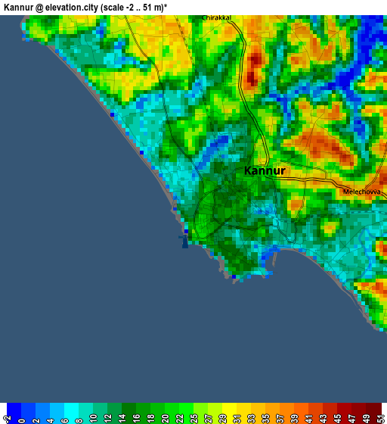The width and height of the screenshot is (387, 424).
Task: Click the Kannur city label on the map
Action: coord(265,171)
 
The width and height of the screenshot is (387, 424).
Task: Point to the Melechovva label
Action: coord(361,192)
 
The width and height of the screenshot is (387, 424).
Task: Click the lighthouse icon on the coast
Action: coord(184,242)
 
